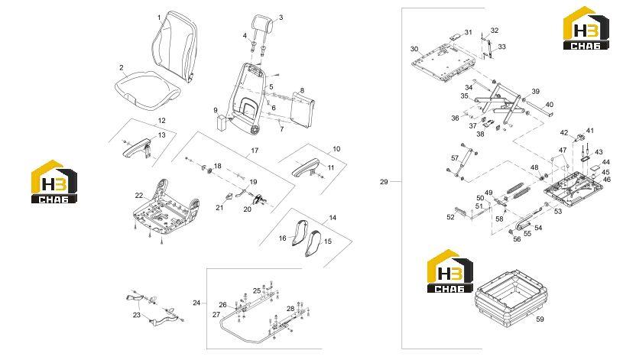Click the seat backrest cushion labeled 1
(x=175, y=47)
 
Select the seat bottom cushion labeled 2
(x=147, y=87)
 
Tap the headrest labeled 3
(x=262, y=24)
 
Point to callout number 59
(x=540, y=319)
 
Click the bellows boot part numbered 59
(x=511, y=298)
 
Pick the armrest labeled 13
(x=138, y=147)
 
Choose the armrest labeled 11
(x=307, y=167)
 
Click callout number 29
(x=384, y=182)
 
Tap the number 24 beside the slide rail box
(x=196, y=303)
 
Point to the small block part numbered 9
(x=221, y=122)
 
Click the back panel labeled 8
(x=303, y=109)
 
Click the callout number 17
(x=255, y=151)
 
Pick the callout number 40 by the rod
(x=549, y=105)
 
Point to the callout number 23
(x=137, y=315)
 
